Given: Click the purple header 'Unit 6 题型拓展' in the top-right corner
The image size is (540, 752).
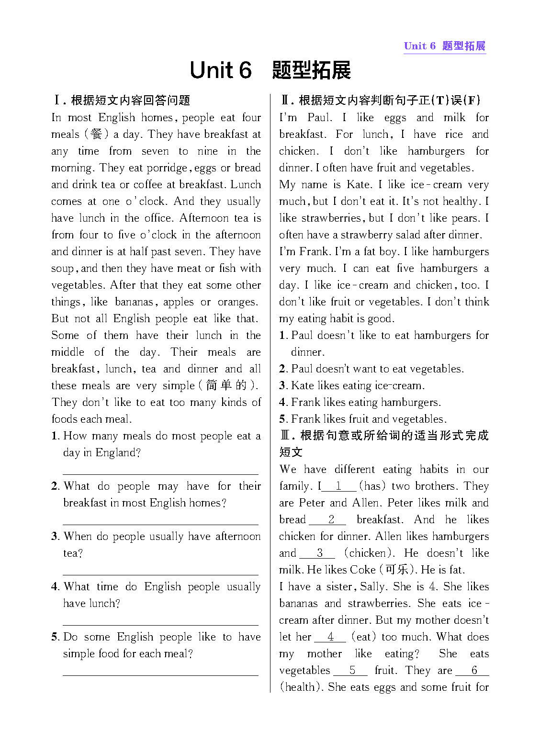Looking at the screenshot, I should [444, 46].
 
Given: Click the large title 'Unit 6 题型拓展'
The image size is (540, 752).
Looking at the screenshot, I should [270, 70].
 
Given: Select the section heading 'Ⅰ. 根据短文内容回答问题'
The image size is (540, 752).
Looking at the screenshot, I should [122, 101].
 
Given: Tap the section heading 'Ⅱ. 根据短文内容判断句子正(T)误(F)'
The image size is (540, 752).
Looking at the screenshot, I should [380, 101].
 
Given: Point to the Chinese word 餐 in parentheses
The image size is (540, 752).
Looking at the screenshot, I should [96, 135].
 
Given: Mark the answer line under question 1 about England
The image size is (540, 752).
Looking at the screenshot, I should [160, 474].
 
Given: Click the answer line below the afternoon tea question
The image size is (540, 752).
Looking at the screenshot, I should [160, 574].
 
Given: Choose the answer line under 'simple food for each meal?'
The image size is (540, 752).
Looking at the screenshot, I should [160, 675].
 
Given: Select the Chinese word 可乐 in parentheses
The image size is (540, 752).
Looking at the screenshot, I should [397, 570].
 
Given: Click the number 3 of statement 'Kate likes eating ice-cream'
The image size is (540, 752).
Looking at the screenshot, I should [283, 386].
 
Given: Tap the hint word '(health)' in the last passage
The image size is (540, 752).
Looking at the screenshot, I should [301, 687].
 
